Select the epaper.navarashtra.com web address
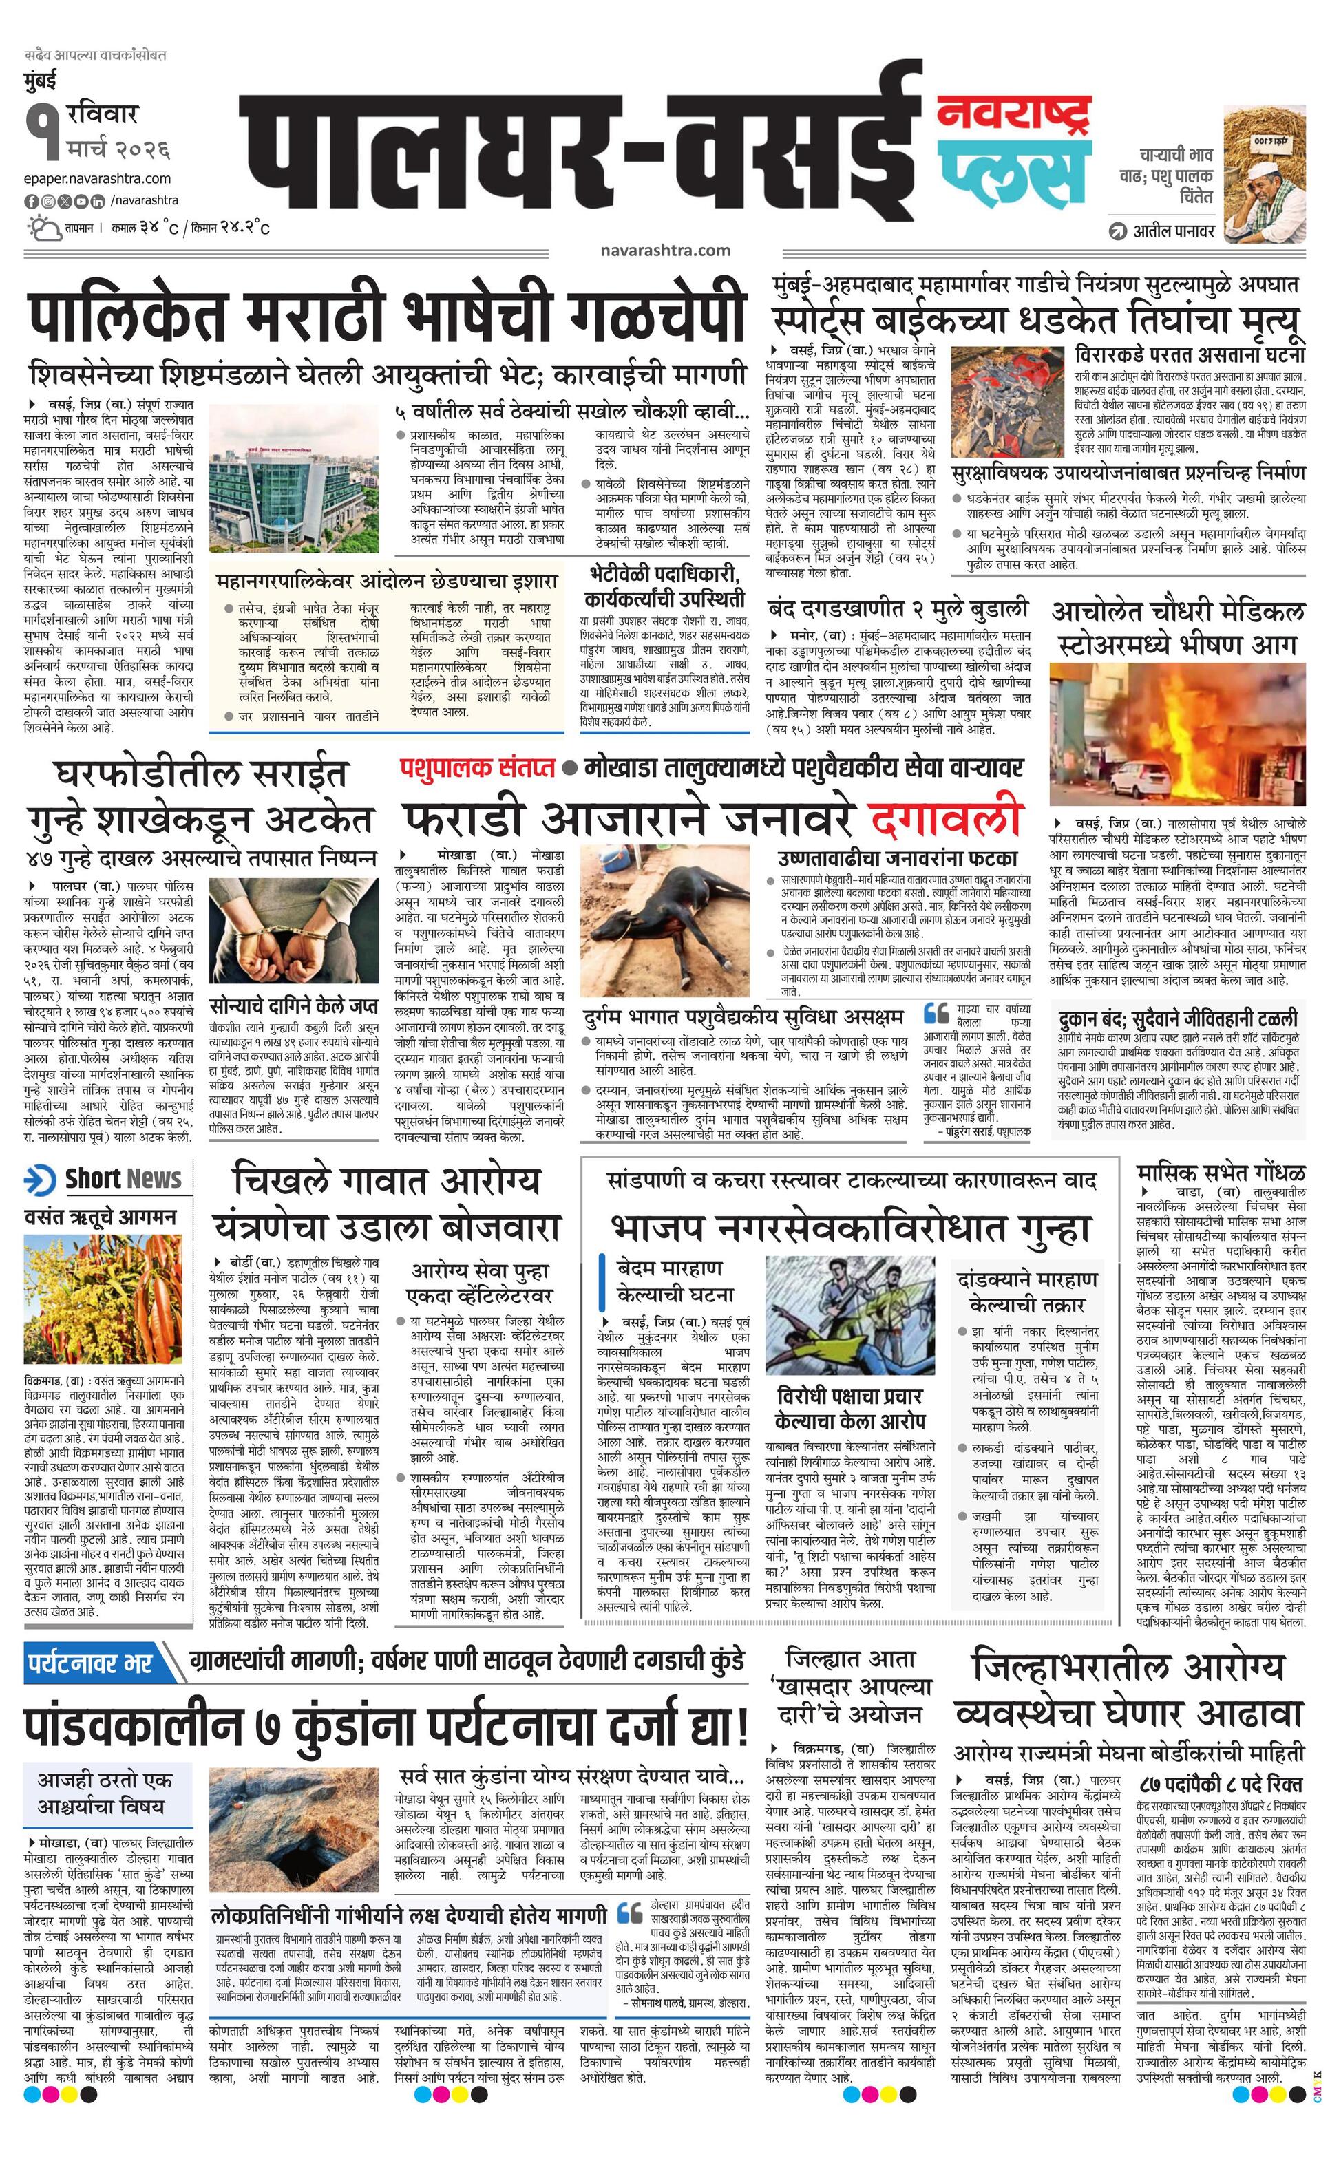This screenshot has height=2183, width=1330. coord(98,178)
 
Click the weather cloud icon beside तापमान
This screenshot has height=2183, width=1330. coord(41,228)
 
